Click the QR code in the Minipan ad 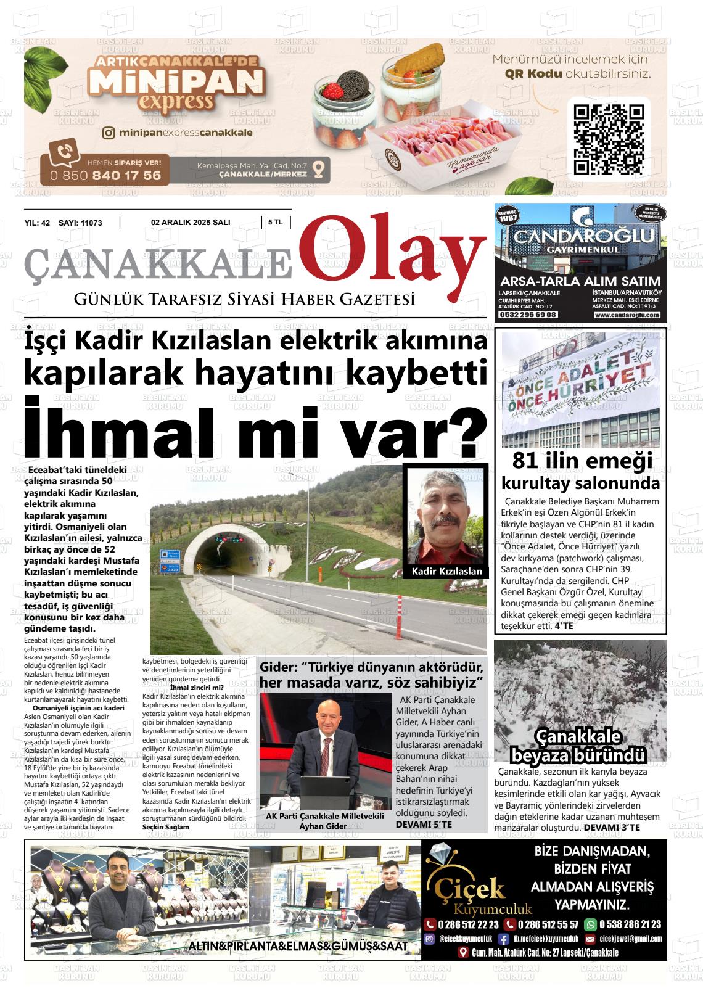pyautogui.click(x=609, y=139)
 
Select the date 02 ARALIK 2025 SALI pyautogui.click(x=191, y=223)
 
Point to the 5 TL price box pyautogui.click(x=276, y=223)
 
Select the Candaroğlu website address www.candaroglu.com pyautogui.click(x=627, y=315)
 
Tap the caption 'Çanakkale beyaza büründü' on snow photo pyautogui.click(x=578, y=746)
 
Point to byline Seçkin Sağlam pyautogui.click(x=166, y=826)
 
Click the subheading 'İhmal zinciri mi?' pyautogui.click(x=197, y=687)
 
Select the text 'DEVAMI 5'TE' pyautogui.click(x=424, y=824)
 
